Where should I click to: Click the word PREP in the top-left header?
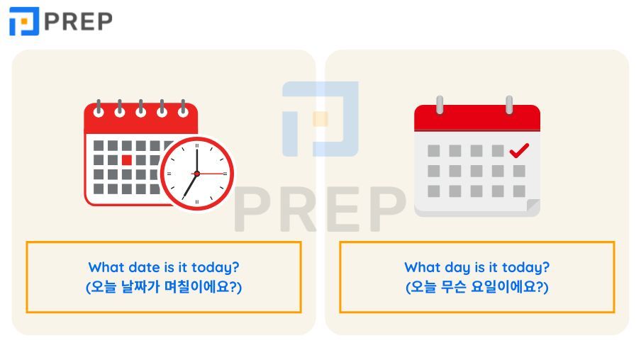[78, 21]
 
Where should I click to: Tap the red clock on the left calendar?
[196, 173]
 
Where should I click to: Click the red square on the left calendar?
[126, 159]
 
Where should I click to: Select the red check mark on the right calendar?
[520, 150]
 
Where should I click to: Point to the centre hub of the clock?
[196, 173]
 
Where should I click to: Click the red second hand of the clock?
[212, 173]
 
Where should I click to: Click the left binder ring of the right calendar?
[440, 106]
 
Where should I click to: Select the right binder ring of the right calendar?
[508, 106]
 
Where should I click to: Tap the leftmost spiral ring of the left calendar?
[98, 108]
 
